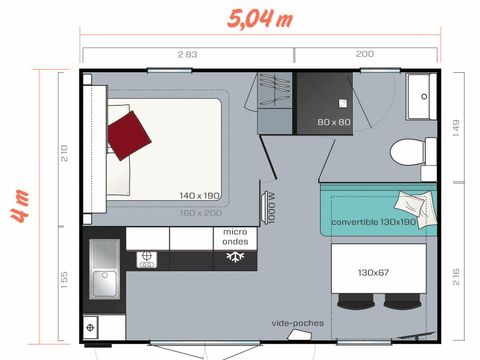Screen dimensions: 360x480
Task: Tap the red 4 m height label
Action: tap(17, 203)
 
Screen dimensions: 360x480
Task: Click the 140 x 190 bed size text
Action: tap(200, 196)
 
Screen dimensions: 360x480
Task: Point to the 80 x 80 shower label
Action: tap(334, 122)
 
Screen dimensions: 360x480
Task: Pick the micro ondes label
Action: tap(235, 237)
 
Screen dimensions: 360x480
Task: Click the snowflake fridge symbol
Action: tap(236, 257)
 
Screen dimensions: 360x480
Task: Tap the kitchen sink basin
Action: tap(105, 283)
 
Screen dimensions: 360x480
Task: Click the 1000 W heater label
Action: tap(271, 207)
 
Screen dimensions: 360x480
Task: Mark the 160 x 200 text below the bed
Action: tap(200, 212)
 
